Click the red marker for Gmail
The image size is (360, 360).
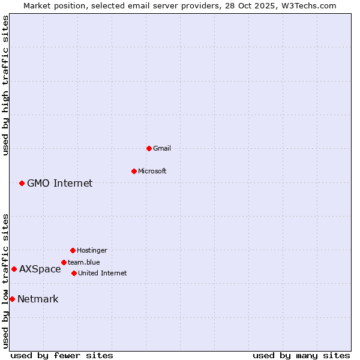click(149, 148)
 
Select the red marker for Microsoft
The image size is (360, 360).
click(134, 171)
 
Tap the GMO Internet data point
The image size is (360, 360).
click(22, 183)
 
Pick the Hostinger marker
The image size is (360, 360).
click(73, 250)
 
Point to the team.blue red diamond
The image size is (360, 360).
click(64, 262)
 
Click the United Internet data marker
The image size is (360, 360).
click(74, 273)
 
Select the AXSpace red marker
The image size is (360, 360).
click(14, 269)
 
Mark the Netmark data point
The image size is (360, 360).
click(12, 299)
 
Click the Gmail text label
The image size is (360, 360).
click(162, 148)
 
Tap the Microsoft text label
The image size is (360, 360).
click(152, 171)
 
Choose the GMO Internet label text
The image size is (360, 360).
click(60, 183)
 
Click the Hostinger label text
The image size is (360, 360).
click(92, 250)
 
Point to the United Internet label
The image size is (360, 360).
click(103, 273)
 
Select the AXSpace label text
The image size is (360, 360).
click(40, 269)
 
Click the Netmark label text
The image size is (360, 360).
click(38, 299)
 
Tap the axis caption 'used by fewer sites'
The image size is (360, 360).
click(62, 355)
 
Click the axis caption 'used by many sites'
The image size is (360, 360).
click(301, 355)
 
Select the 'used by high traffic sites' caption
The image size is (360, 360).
click(5, 86)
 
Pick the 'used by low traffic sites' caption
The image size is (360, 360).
click(5, 281)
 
